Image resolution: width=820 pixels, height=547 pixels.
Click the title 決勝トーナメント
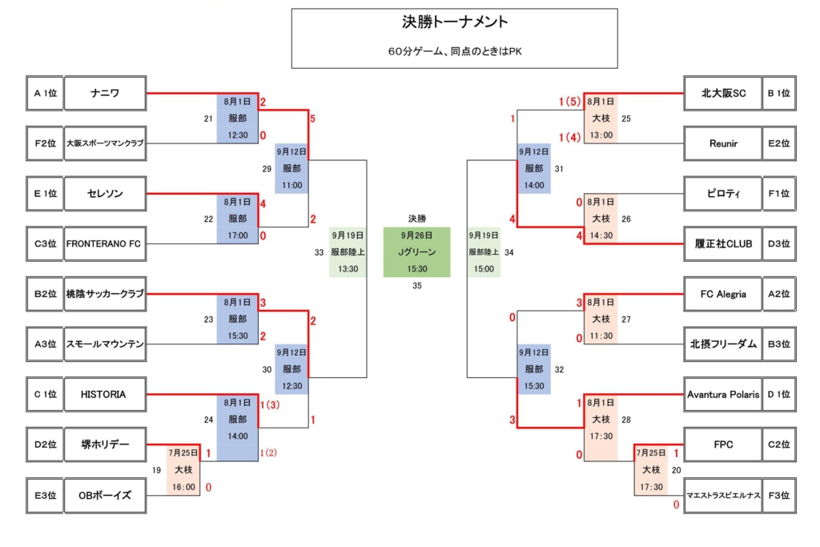pos(454,22)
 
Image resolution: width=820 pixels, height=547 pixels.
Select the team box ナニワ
pos(105,93)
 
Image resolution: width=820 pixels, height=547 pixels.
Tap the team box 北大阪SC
pos(723,93)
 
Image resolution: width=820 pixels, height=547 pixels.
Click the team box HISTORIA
pos(105,394)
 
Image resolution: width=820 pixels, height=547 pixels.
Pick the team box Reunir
pos(723,143)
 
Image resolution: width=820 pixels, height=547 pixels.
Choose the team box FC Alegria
pos(723,294)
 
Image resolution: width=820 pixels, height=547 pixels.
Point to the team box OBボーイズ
pos(105,495)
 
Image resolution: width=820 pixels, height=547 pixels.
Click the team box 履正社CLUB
pos(723,243)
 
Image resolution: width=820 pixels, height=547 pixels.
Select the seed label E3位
pos(45,495)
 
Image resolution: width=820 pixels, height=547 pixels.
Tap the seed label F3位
pos(778,495)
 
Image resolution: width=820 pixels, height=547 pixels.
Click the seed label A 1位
pos(45,93)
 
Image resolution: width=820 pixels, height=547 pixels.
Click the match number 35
pos(416,286)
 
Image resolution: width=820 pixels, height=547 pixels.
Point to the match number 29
pos(267,169)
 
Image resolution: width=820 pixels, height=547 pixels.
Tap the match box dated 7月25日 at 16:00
pos(183,469)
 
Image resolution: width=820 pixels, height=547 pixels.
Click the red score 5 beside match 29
pos(312,119)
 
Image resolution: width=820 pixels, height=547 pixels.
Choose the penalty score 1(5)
pos(569,102)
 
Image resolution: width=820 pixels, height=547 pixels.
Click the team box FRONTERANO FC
pos(105,243)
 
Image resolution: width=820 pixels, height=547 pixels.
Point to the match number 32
pos(559,370)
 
